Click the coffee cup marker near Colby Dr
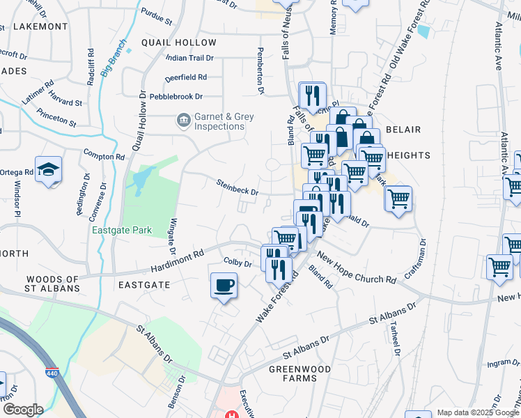pyautogui.click(x=224, y=285)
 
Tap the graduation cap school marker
pyautogui.click(x=49, y=169)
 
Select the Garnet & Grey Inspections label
pyautogui.click(x=224, y=122)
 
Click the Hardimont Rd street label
pyautogui.click(x=178, y=260)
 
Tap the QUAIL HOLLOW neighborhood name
pyautogui.click(x=178, y=42)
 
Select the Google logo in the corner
pyautogui.click(x=23, y=410)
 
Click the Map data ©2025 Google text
pyautogui.click(x=478, y=412)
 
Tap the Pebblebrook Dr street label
pyautogui.click(x=174, y=97)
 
